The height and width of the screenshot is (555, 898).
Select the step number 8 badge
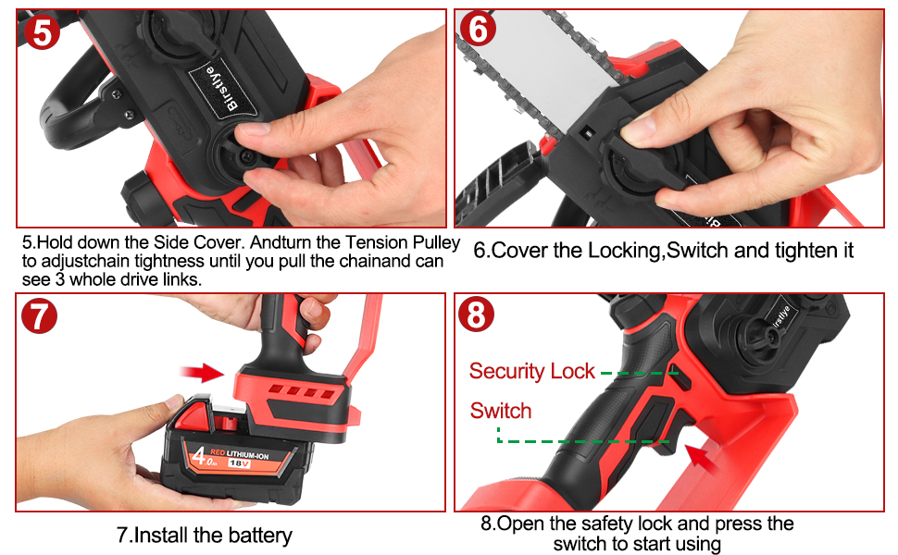click(477, 316)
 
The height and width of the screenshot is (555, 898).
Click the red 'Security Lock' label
click(531, 372)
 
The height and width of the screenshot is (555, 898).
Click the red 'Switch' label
click(501, 411)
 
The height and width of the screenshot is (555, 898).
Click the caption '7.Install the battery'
click(205, 535)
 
